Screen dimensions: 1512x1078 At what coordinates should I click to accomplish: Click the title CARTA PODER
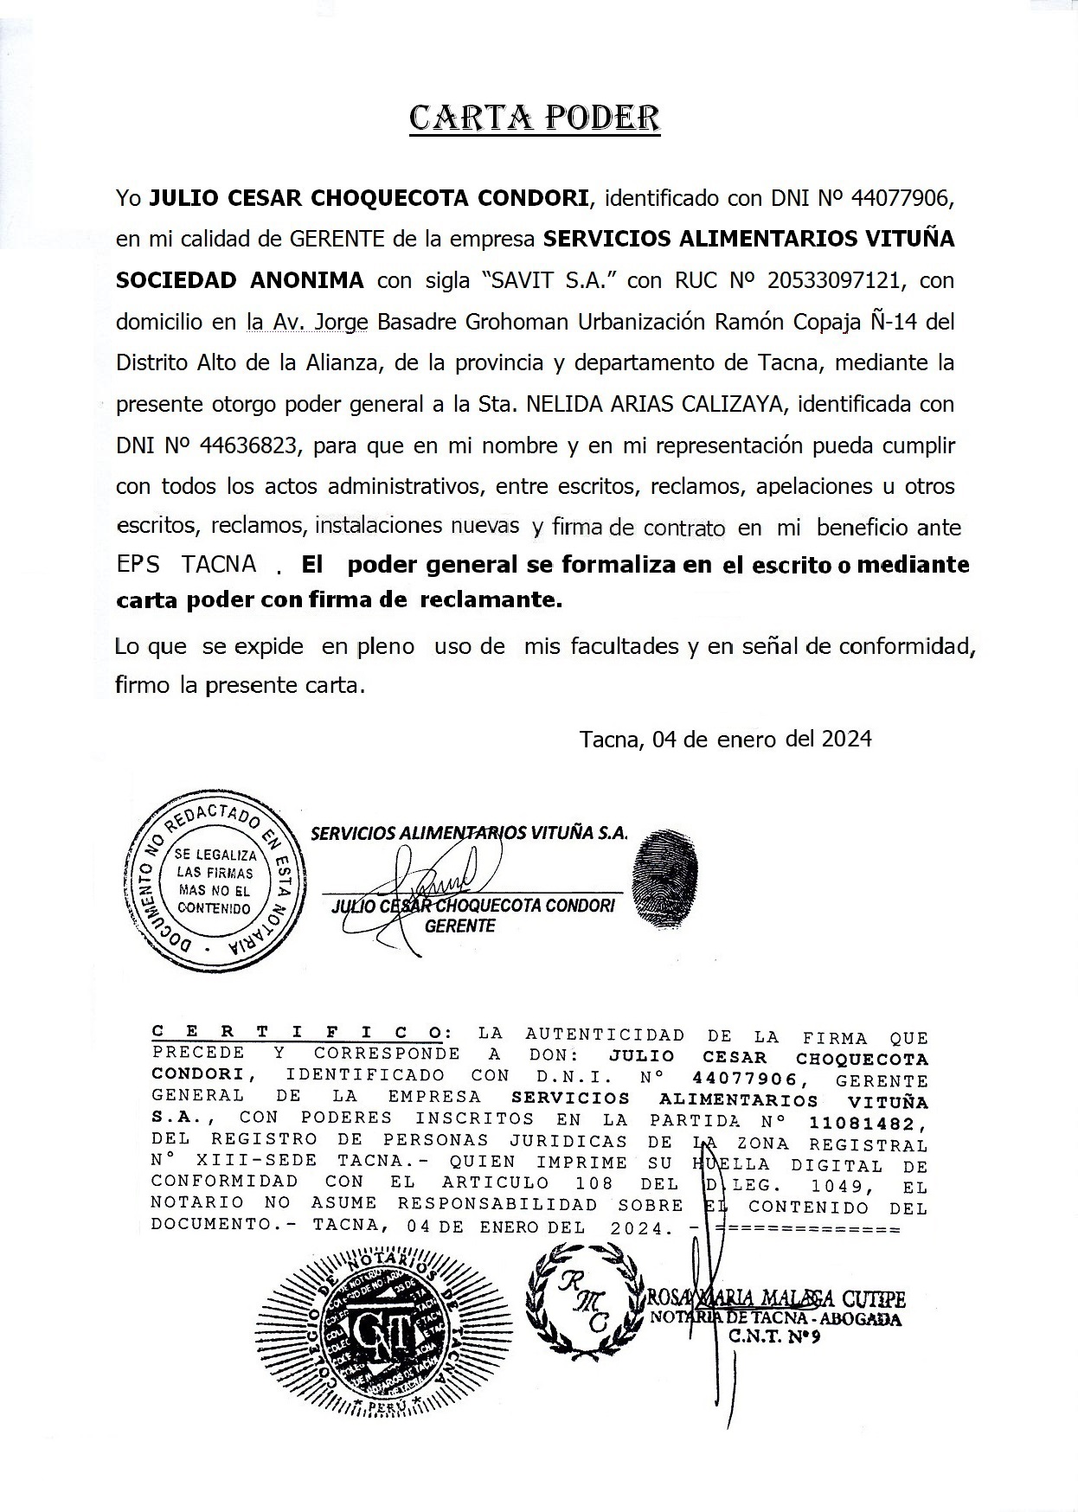[x=534, y=119]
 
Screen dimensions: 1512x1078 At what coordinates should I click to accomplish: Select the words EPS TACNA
[x=187, y=564]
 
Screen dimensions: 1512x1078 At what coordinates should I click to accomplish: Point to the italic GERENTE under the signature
[x=460, y=926]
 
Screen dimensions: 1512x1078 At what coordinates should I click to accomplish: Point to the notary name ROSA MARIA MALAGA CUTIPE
[x=776, y=1298]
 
